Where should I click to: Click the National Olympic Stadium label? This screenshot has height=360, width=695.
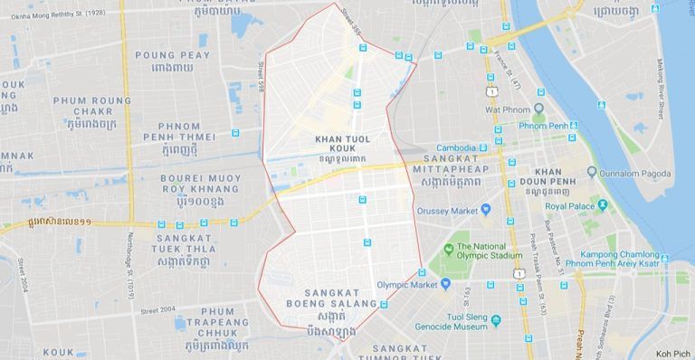pyautogui.click(x=490, y=251)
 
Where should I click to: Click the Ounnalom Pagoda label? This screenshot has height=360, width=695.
pyautogui.click(x=634, y=173)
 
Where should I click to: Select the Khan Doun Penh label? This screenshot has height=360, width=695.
pyautogui.click(x=548, y=176)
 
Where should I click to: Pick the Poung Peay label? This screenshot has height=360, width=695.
pyautogui.click(x=172, y=61)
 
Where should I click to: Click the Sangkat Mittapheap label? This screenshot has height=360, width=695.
pyautogui.click(x=450, y=175)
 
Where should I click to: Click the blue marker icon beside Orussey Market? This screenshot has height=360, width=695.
pyautogui.click(x=486, y=210)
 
